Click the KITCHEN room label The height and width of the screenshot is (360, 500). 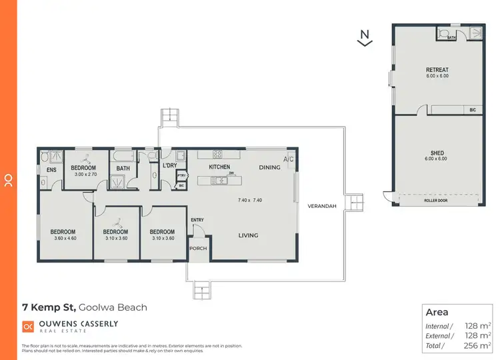click(219, 167)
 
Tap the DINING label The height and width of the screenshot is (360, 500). click(269, 167)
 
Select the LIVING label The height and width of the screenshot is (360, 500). click(248, 235)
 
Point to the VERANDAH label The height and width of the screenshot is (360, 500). click(321, 206)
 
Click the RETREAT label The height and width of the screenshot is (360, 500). click(437, 70)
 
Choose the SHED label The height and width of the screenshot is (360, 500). click(437, 152)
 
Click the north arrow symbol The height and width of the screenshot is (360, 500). click(363, 37)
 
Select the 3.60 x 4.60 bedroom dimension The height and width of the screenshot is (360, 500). click(64, 238)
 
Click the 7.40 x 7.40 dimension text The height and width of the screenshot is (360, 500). click(249, 200)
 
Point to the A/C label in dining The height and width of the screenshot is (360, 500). click(288, 160)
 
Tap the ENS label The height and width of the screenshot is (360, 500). click(51, 170)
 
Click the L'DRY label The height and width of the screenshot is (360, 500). click(169, 165)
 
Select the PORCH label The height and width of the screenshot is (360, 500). click(198, 249)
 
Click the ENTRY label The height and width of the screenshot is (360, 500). click(197, 220)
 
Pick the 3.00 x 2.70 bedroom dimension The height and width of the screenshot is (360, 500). click(85, 174)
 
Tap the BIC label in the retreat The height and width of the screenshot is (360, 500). click(473, 109)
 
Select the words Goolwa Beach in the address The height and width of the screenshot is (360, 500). click(113, 307)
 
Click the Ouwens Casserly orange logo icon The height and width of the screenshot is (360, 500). click(28, 326)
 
